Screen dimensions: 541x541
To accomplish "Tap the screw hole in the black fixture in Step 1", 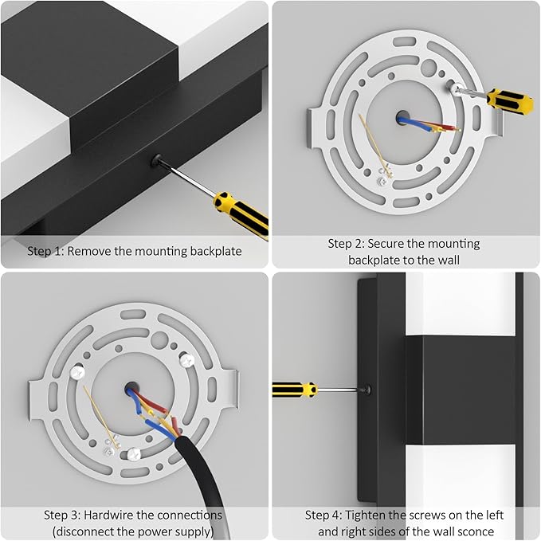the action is pos(156,160).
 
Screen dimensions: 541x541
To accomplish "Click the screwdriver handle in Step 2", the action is pos(510,100).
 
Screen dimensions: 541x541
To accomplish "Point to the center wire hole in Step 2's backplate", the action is pos(402,117).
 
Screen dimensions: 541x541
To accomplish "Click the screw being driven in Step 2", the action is pos(456,88).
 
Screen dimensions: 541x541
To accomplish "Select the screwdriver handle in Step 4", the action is pos(295,390).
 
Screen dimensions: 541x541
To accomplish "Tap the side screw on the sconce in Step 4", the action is pos(367,390).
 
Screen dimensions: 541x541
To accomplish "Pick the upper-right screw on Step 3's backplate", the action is pos(187,361).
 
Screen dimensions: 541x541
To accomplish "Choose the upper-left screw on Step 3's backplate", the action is pos(77,372).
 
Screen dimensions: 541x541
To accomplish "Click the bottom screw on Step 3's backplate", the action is pos(134,454).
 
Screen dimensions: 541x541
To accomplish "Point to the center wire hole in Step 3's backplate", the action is pos(131,389).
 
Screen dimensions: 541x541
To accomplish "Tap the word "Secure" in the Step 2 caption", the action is pos(386,244).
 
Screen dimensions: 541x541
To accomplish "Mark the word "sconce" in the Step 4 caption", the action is pos(474,531).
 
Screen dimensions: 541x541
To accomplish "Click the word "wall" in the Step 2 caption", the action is pos(448,260).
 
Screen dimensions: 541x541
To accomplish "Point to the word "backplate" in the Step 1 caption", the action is pos(216,251).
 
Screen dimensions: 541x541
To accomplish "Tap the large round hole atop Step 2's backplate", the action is pos(429,68).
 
